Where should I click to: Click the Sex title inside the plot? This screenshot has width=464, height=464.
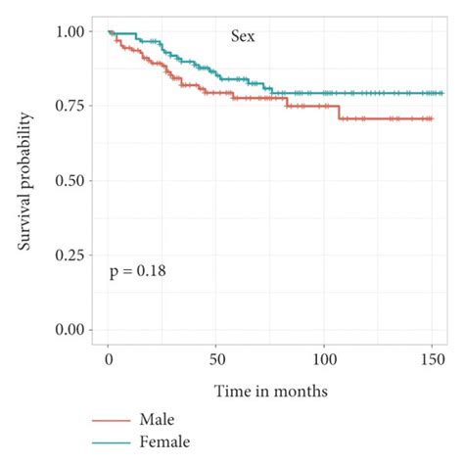243,37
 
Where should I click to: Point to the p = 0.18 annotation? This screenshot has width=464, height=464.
137,271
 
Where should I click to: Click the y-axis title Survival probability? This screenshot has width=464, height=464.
27,181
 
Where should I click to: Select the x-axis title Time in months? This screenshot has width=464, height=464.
271,392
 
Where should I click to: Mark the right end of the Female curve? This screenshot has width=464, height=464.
442,93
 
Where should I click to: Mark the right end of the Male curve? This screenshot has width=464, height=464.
432,118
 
